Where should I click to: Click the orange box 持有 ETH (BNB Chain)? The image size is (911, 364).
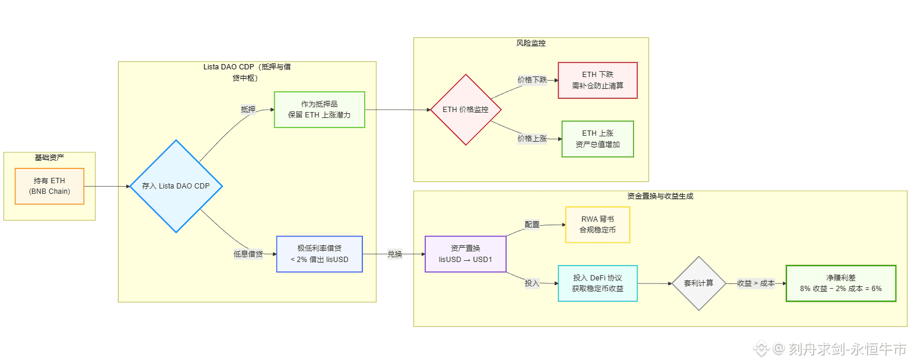(x=50, y=186)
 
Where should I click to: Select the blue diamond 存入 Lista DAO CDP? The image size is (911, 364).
(x=176, y=186)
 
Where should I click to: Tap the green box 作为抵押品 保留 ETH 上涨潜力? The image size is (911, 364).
(x=319, y=110)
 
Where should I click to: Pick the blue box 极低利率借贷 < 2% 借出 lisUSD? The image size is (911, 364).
(x=319, y=254)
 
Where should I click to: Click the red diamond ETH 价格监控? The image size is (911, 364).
(x=466, y=110)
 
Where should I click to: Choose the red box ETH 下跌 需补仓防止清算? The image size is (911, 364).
(x=597, y=80)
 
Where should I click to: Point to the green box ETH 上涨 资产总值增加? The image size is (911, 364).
(x=597, y=139)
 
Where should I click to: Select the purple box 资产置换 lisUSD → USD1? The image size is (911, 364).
(x=466, y=254)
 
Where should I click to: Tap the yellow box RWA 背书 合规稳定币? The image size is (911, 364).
(x=597, y=225)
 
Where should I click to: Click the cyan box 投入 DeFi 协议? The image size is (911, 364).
(x=597, y=283)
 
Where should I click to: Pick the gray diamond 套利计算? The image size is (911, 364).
(x=699, y=283)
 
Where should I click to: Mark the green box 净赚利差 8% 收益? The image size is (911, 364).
(x=840, y=283)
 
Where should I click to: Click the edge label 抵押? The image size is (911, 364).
(x=248, y=110)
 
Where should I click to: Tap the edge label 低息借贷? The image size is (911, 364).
(x=248, y=254)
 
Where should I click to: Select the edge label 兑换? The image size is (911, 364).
(x=394, y=254)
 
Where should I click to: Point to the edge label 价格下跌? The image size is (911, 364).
(x=532, y=79)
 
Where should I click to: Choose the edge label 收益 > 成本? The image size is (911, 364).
(x=756, y=283)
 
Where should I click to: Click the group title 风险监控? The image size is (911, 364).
(x=531, y=43)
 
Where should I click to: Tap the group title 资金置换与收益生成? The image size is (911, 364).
(x=660, y=196)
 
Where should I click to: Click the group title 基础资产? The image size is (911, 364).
(x=49, y=157)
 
